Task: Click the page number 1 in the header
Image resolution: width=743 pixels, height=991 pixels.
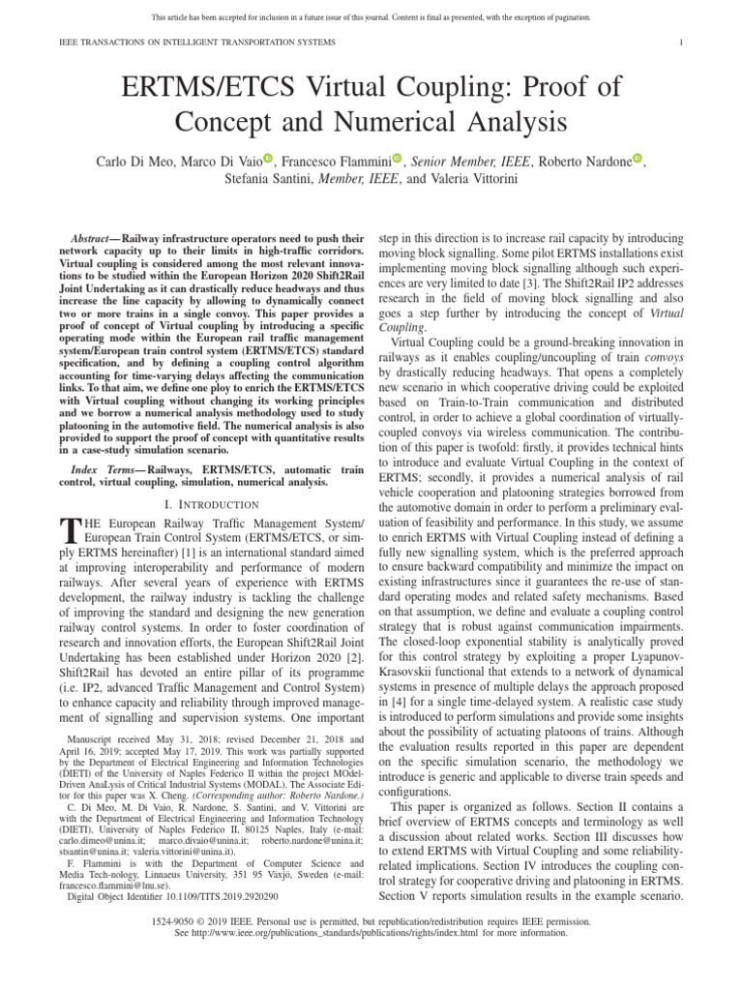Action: click(682, 43)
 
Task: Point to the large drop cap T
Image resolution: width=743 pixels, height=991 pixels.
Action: click(69, 529)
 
